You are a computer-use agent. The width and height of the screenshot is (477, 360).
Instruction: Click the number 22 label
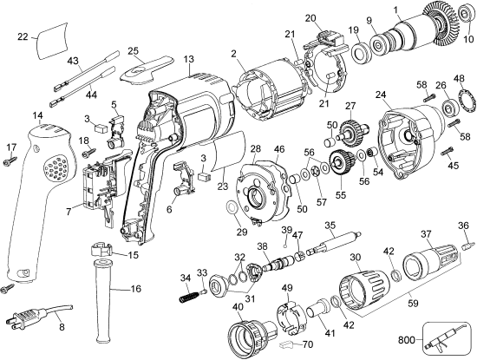point(23,36)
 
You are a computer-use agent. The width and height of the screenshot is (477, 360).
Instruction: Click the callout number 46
point(279,150)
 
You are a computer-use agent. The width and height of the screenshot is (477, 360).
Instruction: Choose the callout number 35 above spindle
point(330,225)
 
